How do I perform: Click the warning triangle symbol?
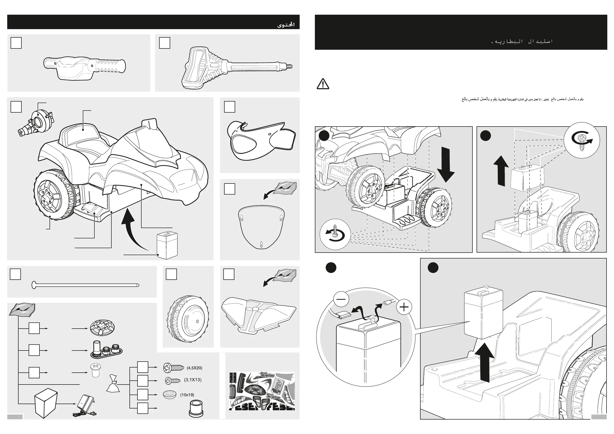323,84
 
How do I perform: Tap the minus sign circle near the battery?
341,299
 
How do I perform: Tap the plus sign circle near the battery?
404,307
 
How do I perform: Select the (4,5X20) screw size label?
194,368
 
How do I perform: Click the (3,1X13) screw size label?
193,380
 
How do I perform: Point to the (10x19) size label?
187,395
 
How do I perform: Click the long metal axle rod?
86,285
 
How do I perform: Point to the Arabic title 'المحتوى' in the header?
286,25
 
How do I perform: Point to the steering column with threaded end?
237,68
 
